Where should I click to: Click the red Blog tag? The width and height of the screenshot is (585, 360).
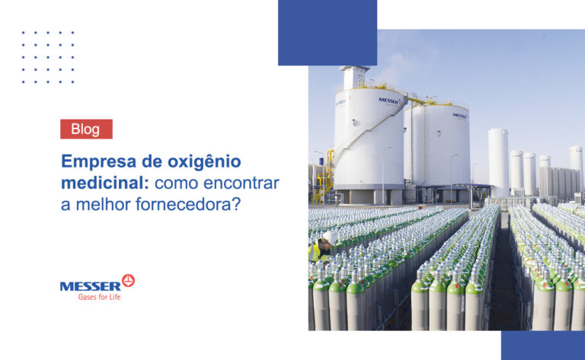(x=86, y=129)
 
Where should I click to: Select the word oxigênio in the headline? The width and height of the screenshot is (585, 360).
(x=204, y=162)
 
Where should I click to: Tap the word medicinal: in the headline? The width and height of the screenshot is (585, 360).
(x=105, y=183)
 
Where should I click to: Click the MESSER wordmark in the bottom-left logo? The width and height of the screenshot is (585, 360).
(x=91, y=286)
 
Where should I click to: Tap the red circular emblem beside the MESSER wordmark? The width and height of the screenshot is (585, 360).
(x=128, y=280)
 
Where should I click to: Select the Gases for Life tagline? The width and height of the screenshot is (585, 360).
(x=99, y=297)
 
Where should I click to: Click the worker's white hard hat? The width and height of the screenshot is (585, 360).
(x=330, y=237)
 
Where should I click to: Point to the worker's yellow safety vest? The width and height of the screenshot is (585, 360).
(x=315, y=252)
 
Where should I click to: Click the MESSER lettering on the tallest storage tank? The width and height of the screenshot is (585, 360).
(x=389, y=100)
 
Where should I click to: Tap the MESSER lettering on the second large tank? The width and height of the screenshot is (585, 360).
(x=459, y=116)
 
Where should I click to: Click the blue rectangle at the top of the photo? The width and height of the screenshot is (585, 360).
(x=328, y=33)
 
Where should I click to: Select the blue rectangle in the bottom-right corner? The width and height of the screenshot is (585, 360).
(x=543, y=346)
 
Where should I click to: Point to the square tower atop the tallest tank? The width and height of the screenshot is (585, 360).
(x=354, y=77)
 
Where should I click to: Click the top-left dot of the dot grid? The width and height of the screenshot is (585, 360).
(x=23, y=33)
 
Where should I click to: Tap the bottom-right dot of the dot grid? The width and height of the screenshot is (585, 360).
(x=73, y=81)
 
